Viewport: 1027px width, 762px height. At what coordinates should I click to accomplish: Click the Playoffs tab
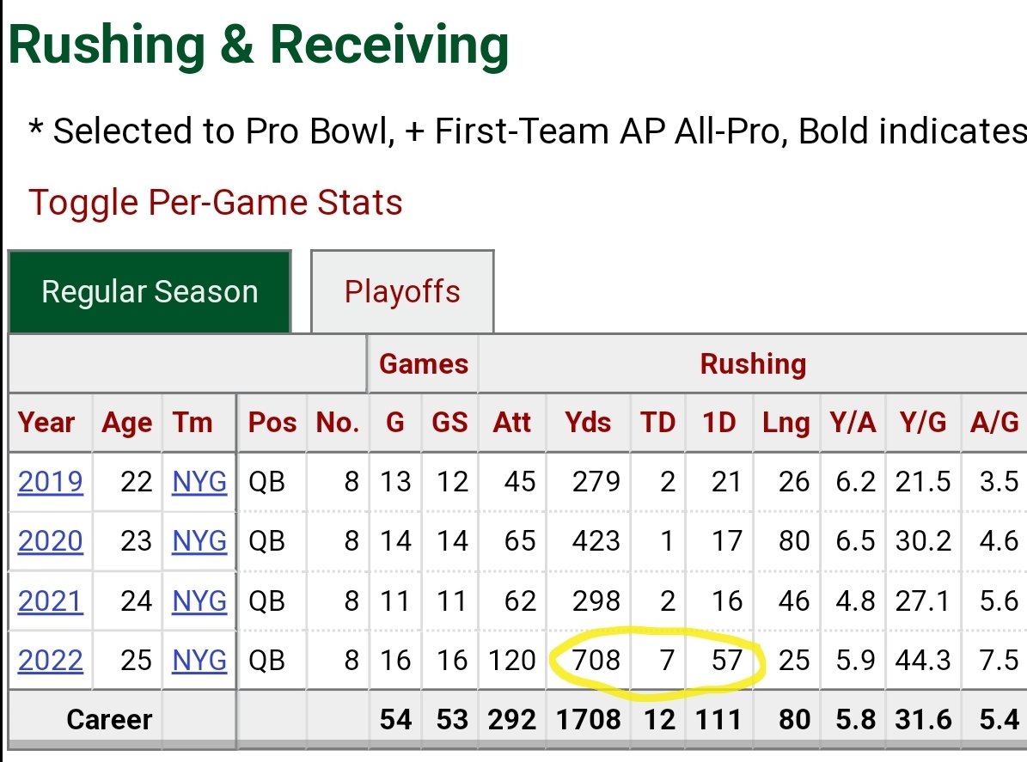tap(402, 292)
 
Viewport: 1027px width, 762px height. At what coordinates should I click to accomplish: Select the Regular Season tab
tap(150, 292)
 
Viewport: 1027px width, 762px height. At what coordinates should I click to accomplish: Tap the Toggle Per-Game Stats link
tap(216, 202)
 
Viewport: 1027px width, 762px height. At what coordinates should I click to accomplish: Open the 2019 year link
tap(51, 482)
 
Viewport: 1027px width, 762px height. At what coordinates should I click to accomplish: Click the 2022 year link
tap(51, 660)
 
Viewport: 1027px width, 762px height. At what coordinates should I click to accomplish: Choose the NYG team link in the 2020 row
tap(199, 541)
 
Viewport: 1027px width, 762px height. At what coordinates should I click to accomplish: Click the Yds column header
tap(588, 423)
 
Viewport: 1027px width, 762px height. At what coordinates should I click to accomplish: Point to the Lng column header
tap(786, 423)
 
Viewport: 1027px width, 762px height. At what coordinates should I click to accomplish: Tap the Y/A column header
tap(853, 423)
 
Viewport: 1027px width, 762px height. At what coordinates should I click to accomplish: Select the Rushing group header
tap(753, 364)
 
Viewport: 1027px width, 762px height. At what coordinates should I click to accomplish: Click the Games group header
tap(424, 364)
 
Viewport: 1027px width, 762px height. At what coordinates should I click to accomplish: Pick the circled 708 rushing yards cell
tap(596, 660)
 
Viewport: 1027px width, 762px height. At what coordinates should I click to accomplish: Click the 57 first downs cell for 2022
tap(727, 660)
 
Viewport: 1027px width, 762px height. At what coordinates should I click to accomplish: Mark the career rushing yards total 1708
tap(588, 719)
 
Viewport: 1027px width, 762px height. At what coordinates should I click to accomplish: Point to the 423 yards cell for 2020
tap(596, 541)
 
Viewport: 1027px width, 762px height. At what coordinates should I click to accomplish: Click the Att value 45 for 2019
tap(520, 482)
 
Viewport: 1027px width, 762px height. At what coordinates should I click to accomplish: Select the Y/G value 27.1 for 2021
tap(923, 601)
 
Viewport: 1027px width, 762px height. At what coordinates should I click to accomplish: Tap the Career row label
tap(109, 719)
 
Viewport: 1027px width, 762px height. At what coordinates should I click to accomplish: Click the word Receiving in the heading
tap(389, 45)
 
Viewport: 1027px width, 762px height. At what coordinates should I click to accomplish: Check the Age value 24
tap(137, 601)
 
